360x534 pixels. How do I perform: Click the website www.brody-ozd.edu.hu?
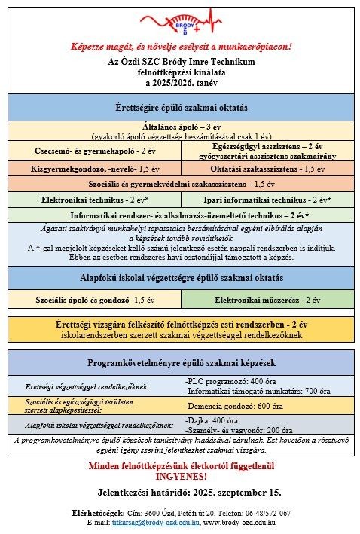click(239, 521)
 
